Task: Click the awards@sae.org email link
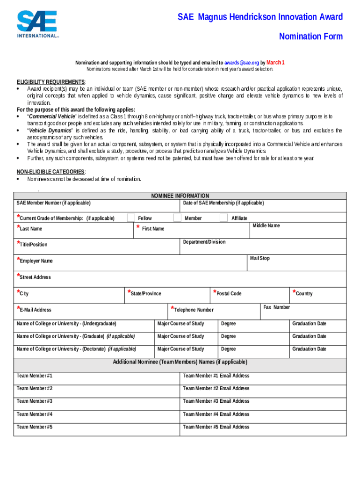[x=241, y=63]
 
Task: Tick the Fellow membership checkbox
[x=131, y=218]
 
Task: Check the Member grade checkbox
[x=177, y=218]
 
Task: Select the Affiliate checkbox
[x=224, y=218]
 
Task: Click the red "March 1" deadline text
[x=275, y=63]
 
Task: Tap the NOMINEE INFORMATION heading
[x=180, y=196]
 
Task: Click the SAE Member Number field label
[x=54, y=203]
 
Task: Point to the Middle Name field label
[x=266, y=226]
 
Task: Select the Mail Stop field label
[x=259, y=258]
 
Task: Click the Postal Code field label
[x=229, y=294]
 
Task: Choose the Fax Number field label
[x=276, y=307]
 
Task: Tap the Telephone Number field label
[x=194, y=310]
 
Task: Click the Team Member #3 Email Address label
[x=216, y=401]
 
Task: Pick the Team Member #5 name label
[x=35, y=427]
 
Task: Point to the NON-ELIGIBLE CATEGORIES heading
[x=50, y=172]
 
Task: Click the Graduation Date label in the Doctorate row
[x=309, y=349]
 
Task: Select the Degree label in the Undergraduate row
[x=229, y=324]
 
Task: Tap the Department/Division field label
[x=204, y=242]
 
